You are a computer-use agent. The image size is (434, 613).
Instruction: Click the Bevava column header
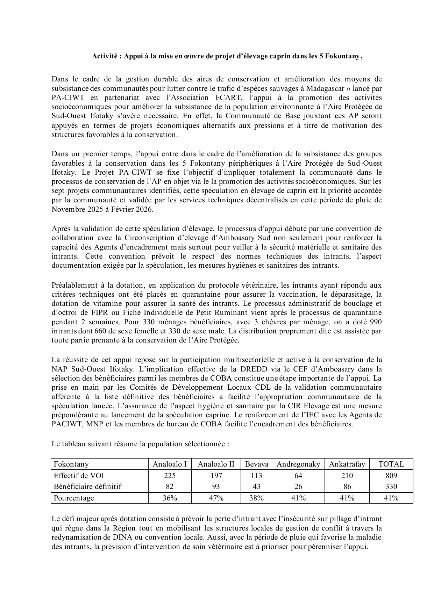(256, 464)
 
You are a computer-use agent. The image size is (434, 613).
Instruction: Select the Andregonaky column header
(298, 464)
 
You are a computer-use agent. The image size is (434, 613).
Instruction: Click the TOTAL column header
(391, 464)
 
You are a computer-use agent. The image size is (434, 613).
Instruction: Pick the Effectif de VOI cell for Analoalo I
(170, 475)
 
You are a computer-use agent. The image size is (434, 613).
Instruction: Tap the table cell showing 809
(391, 475)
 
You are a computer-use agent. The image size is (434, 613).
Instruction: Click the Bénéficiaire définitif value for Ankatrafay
(347, 486)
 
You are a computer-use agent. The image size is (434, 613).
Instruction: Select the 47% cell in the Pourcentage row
(216, 498)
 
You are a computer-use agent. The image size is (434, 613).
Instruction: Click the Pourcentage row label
(74, 498)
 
